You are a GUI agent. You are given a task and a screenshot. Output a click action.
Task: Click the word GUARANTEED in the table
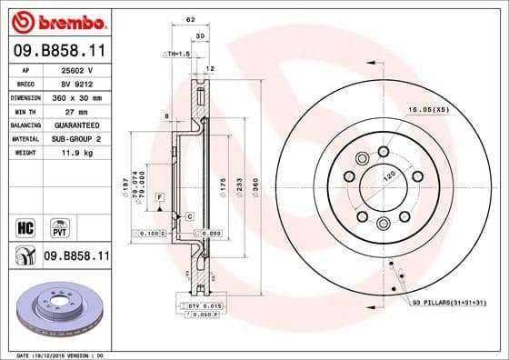76,124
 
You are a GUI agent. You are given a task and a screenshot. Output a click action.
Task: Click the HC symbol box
25,224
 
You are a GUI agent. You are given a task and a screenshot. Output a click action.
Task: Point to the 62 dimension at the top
190,20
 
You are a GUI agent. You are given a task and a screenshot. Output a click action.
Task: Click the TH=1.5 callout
177,55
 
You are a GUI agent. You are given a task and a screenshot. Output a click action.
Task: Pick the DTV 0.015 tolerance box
203,307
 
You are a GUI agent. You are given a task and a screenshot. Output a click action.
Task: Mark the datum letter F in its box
159,197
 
